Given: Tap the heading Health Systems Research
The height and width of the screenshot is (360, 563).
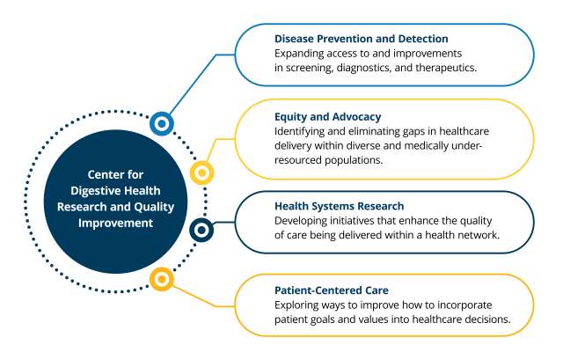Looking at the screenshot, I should (x=328, y=206).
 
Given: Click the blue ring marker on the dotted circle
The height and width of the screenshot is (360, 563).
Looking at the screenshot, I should (x=162, y=124).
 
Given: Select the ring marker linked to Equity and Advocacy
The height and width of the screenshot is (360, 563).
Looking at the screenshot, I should (x=201, y=173).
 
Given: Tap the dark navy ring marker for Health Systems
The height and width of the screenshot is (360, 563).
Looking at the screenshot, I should (x=201, y=231).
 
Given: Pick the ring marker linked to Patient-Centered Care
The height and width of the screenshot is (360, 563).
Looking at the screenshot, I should (x=160, y=280).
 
